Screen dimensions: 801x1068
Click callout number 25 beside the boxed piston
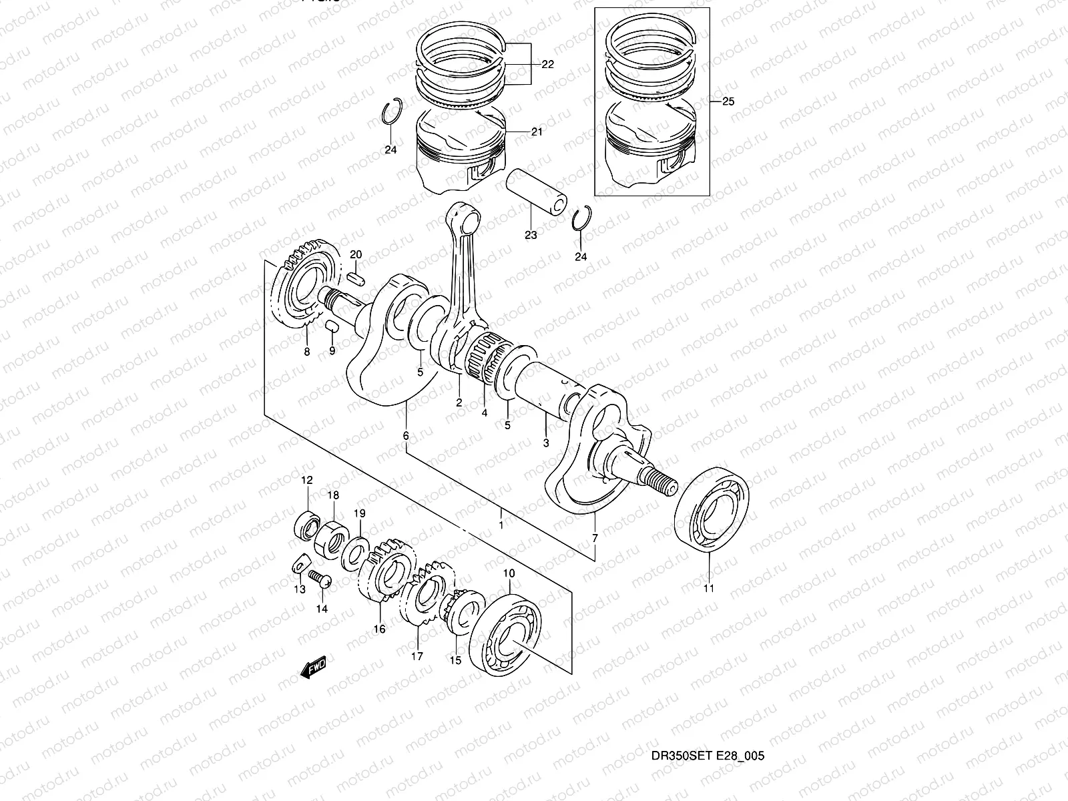(x=728, y=102)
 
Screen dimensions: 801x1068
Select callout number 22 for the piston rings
(x=547, y=65)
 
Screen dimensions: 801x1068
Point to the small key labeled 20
(x=356, y=278)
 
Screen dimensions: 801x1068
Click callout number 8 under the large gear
(x=307, y=352)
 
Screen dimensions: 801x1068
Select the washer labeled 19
(x=354, y=551)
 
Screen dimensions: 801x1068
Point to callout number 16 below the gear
(x=379, y=629)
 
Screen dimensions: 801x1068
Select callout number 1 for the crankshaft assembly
(x=501, y=525)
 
